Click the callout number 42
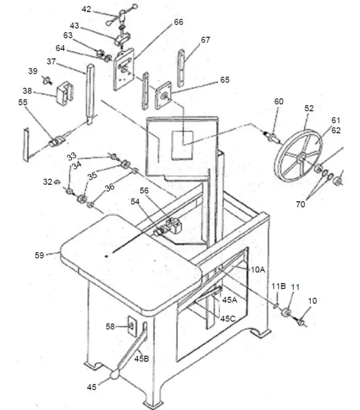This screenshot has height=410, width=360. pyautogui.click(x=86, y=9)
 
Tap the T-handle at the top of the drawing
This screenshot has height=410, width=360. pyautogui.click(x=122, y=16)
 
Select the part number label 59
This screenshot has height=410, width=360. pyautogui.click(x=40, y=254)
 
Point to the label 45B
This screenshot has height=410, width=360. pyautogui.click(x=142, y=357)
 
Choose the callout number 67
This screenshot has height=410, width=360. pyautogui.click(x=205, y=40)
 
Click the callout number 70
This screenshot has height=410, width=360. pyautogui.click(x=300, y=205)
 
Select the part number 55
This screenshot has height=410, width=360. pyautogui.click(x=23, y=102)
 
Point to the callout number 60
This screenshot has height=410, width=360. pyautogui.click(x=279, y=102)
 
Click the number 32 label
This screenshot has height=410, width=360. pyautogui.click(x=47, y=182)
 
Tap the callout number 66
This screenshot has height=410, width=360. pyautogui.click(x=178, y=22)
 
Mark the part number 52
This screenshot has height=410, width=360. pyautogui.click(x=309, y=108)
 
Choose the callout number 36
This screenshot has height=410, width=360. pyautogui.click(x=110, y=188)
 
